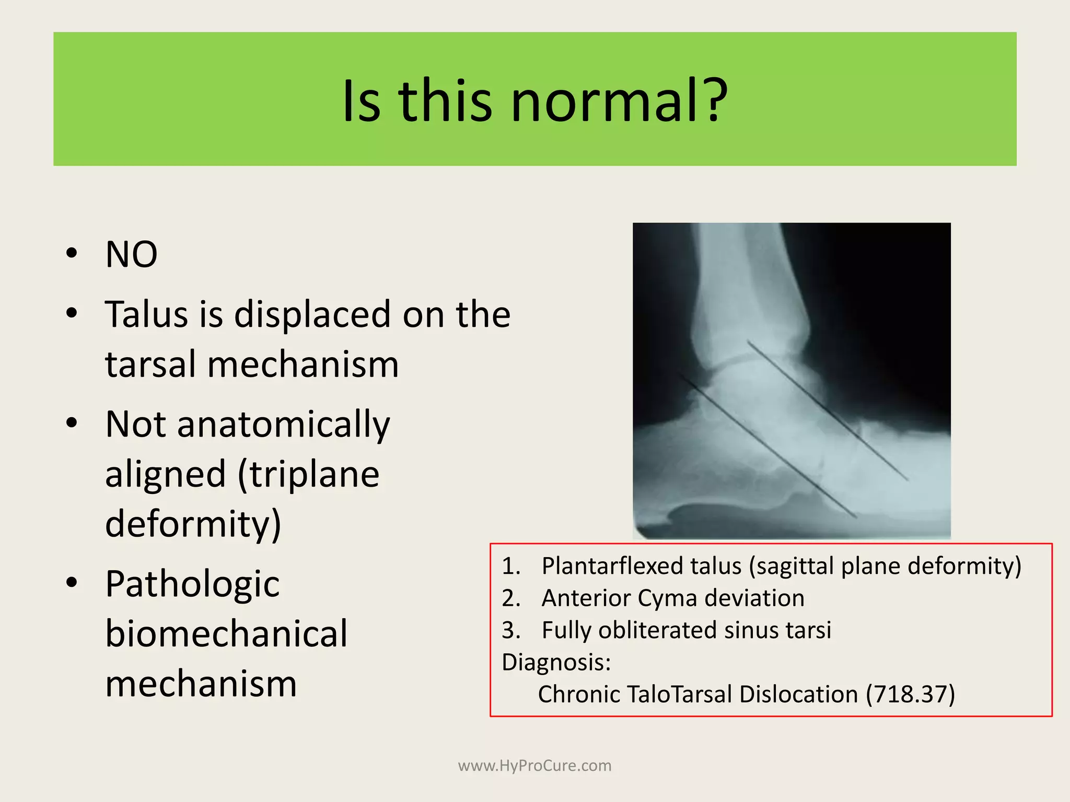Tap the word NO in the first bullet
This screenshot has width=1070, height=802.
coord(131,255)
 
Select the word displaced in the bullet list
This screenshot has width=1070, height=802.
coord(312,314)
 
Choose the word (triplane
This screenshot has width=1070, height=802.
coord(308,474)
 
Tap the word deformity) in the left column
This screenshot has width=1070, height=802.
coord(193,524)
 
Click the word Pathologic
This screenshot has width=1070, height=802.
coord(192,584)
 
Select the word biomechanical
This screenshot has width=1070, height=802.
coord(226,633)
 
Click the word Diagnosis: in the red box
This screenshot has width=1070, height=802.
coord(556,662)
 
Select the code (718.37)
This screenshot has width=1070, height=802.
coord(910,694)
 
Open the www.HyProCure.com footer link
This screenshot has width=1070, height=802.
coord(534,765)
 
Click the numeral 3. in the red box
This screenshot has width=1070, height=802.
coord(511,630)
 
